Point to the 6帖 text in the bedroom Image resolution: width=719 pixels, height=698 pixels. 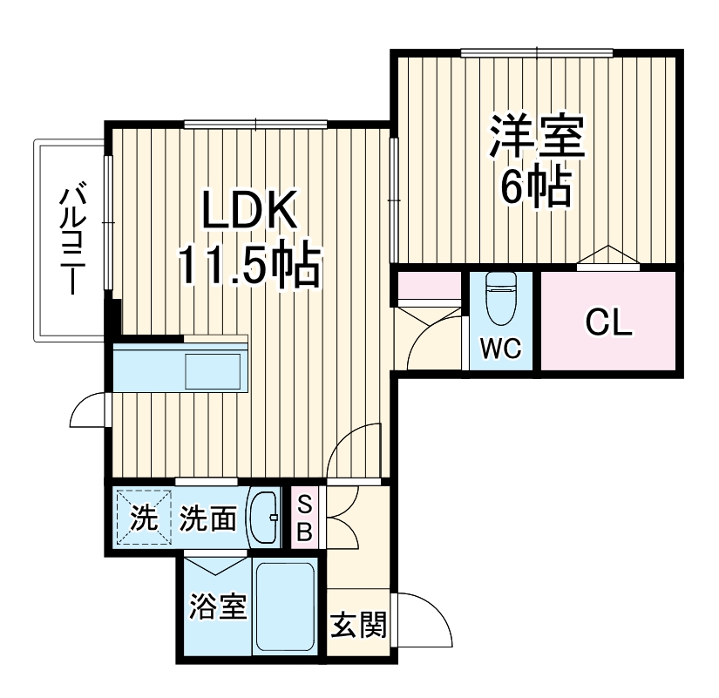535,185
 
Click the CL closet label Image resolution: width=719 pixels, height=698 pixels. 607,322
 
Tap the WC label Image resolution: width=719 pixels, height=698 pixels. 501,349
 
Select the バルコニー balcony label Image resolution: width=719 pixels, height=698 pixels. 71,239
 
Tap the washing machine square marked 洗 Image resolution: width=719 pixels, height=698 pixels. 142,518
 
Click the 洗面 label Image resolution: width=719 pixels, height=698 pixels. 208,520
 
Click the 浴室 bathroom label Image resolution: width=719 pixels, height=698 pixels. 217,607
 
